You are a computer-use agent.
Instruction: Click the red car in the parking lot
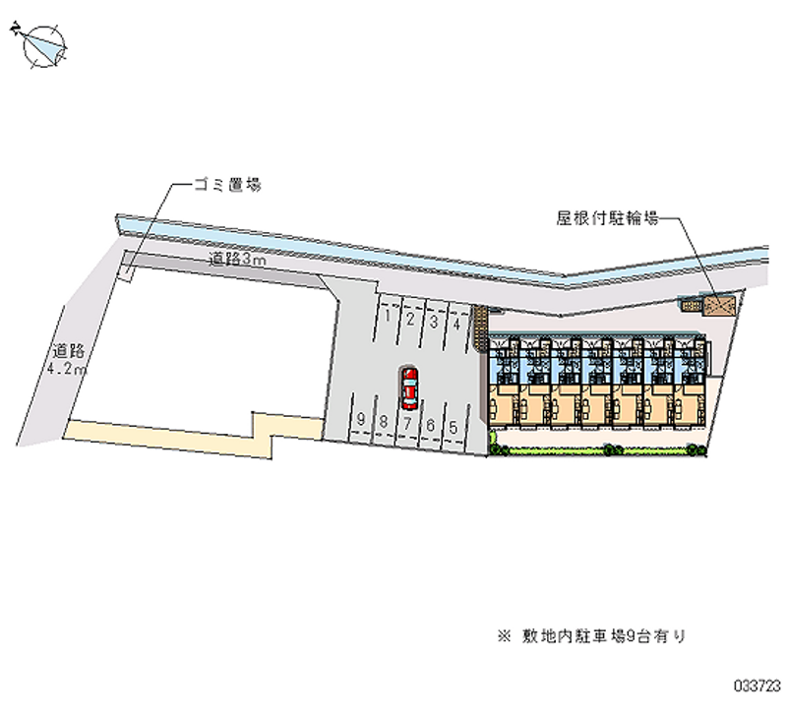pyautogui.click(x=409, y=387)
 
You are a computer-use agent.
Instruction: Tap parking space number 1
pyautogui.click(x=390, y=319)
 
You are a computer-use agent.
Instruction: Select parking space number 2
pyautogui.click(x=411, y=320)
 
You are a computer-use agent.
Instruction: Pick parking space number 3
pyautogui.click(x=434, y=322)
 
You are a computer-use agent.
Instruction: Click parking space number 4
pyautogui.click(x=456, y=324)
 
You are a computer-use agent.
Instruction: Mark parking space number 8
pyautogui.click(x=385, y=421)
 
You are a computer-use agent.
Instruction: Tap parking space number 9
pyautogui.click(x=362, y=420)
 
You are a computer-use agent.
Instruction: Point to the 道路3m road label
pyautogui.click(x=237, y=261)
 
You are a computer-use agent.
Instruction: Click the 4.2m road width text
pyautogui.click(x=67, y=370)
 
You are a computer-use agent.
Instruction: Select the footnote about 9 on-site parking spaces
pyautogui.click(x=591, y=636)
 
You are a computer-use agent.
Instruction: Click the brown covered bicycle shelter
pyautogui.click(x=717, y=306)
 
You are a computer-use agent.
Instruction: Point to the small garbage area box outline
pyautogui.click(x=127, y=267)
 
